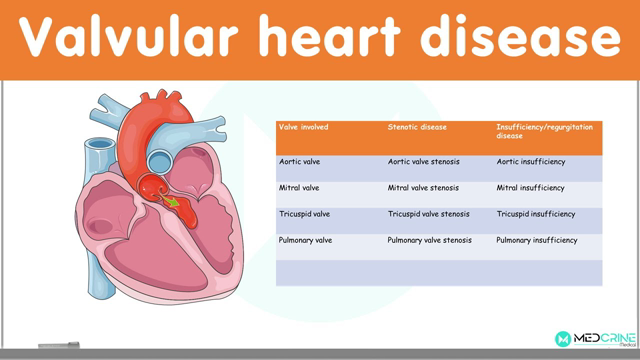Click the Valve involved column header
click(303, 128)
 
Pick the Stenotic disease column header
click(417, 128)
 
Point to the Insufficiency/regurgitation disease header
click(544, 132)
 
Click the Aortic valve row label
click(300, 162)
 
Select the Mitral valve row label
click(299, 188)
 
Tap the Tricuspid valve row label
click(304, 214)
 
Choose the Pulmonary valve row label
click(305, 240)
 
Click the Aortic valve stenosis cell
click(423, 162)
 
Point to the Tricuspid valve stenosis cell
click(428, 214)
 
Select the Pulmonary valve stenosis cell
click(429, 240)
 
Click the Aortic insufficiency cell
click(530, 162)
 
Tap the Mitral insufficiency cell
click(530, 188)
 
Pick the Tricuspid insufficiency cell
click(535, 214)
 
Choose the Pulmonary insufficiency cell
click(536, 240)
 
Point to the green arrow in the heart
click(172, 204)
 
